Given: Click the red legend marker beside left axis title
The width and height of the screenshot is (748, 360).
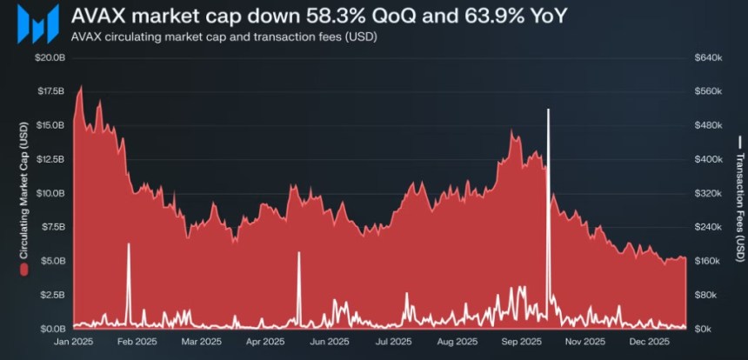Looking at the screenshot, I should (x=24, y=270).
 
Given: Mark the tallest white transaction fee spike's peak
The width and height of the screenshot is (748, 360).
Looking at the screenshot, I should (x=548, y=110).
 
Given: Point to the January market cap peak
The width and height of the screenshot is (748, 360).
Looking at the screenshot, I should (x=81, y=86).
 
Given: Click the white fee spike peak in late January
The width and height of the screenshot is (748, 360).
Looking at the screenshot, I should (x=128, y=244).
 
